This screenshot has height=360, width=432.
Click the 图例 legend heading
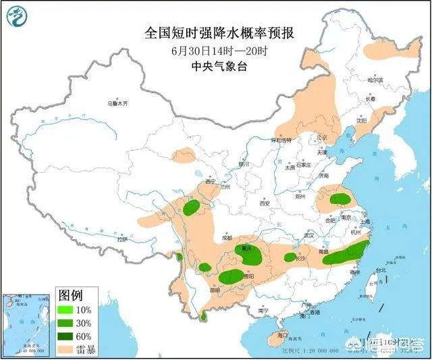click(x=71, y=295)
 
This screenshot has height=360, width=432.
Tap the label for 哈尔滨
click(x=375, y=80)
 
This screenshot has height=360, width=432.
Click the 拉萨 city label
click(x=122, y=239)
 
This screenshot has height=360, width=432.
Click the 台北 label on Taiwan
click(x=379, y=269)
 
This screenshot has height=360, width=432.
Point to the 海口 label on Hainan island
click(x=282, y=334)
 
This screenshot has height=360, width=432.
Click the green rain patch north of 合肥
click(x=340, y=199)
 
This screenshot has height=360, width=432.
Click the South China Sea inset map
click(x=25, y=324)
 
